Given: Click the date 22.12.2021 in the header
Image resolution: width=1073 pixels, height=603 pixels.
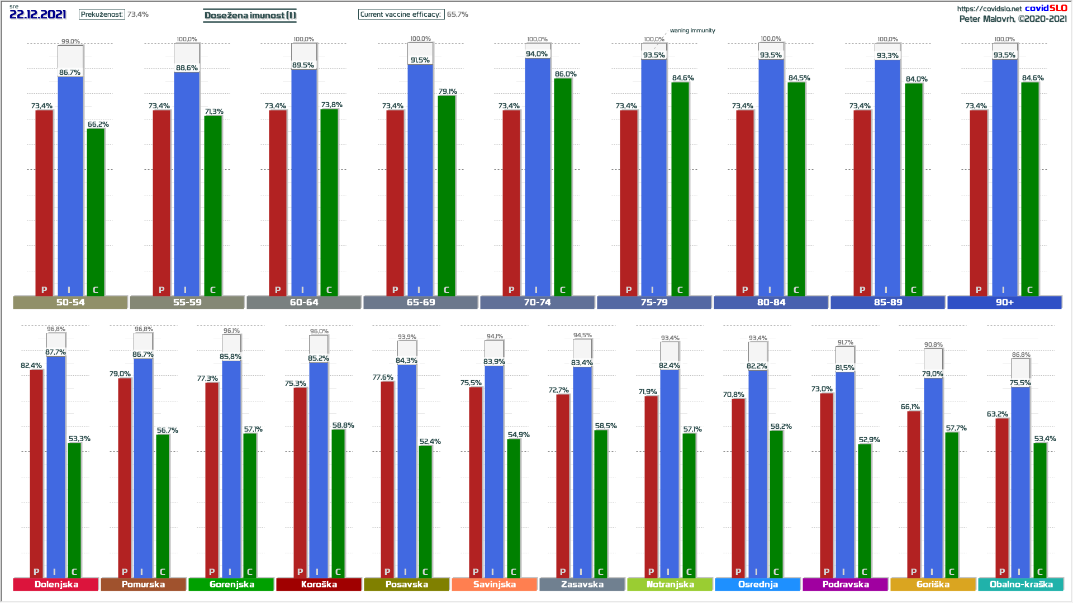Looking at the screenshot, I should pyautogui.click(x=38, y=15).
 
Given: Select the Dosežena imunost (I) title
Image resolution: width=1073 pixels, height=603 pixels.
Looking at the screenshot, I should pyautogui.click(x=250, y=16).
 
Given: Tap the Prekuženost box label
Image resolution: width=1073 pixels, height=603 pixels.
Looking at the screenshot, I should pyautogui.click(x=102, y=15).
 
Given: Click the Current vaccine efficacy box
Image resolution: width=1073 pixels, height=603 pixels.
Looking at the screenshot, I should pyautogui.click(x=401, y=15).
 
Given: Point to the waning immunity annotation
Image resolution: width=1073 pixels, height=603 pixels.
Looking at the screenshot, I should pyautogui.click(x=692, y=31).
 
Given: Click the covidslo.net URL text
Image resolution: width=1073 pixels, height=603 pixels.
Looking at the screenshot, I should pyautogui.click(x=989, y=9).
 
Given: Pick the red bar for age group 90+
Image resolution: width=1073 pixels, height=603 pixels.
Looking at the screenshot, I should pyautogui.click(x=979, y=201).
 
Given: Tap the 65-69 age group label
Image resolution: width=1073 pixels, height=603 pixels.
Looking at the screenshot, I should pyautogui.click(x=421, y=303).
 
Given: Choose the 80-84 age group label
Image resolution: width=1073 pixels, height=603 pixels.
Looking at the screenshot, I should pyautogui.click(x=771, y=303).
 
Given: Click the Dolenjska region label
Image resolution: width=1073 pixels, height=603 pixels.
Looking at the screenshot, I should pyautogui.click(x=56, y=585).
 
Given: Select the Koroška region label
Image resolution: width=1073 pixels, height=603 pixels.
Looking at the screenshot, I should pyautogui.click(x=319, y=585).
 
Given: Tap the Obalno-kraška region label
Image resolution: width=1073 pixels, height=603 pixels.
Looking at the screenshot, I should pyautogui.click(x=1021, y=585).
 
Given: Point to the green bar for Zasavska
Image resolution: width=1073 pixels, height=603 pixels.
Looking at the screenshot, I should pyautogui.click(x=601, y=502).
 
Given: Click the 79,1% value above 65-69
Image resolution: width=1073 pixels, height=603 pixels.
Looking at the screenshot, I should pyautogui.click(x=448, y=92).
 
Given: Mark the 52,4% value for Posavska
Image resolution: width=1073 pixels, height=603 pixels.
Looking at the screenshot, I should pyautogui.click(x=430, y=442).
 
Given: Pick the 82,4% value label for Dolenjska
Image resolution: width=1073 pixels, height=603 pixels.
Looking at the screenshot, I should pyautogui.click(x=31, y=366).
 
